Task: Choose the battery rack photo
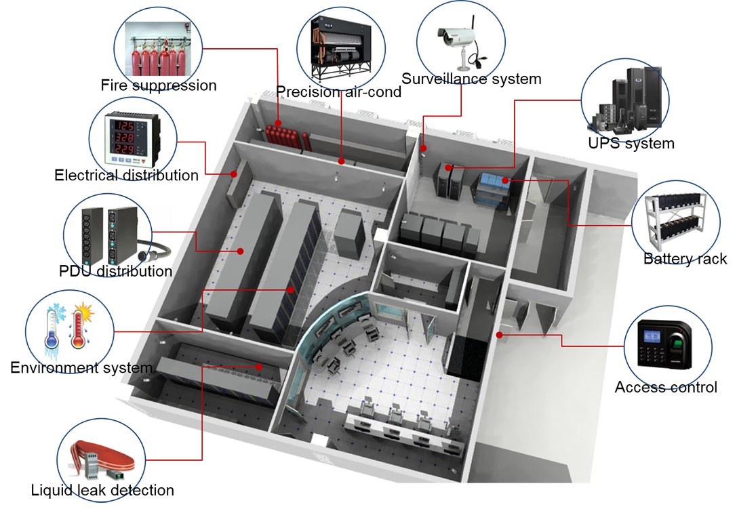coord(670,220)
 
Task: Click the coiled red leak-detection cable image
coord(101,461)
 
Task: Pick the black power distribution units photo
coord(109,235)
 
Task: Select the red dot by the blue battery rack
coord(508,181)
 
